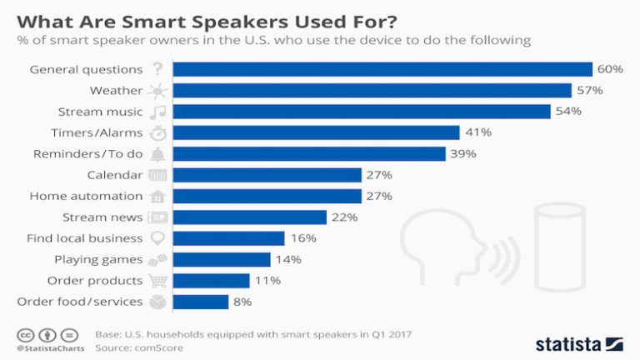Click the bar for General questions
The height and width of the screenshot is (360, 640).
[x=382, y=69]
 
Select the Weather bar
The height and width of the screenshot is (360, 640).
[x=372, y=90]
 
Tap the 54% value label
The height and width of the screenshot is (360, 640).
[x=568, y=112]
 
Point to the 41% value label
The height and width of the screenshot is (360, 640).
[x=477, y=132]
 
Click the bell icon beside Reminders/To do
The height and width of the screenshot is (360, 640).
[x=157, y=154]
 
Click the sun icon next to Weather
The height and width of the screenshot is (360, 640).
[x=157, y=90]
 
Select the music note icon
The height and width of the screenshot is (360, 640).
[x=157, y=112]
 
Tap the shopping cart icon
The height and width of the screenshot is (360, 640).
[x=157, y=281]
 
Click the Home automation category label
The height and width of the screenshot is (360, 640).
[x=86, y=196]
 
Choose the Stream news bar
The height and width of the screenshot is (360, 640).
[x=250, y=217]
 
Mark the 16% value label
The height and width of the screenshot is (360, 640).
[x=302, y=238]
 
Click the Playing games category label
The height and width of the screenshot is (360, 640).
[x=98, y=260]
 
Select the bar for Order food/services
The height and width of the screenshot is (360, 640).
[x=201, y=302]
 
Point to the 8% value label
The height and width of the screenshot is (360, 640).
[x=242, y=302]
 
